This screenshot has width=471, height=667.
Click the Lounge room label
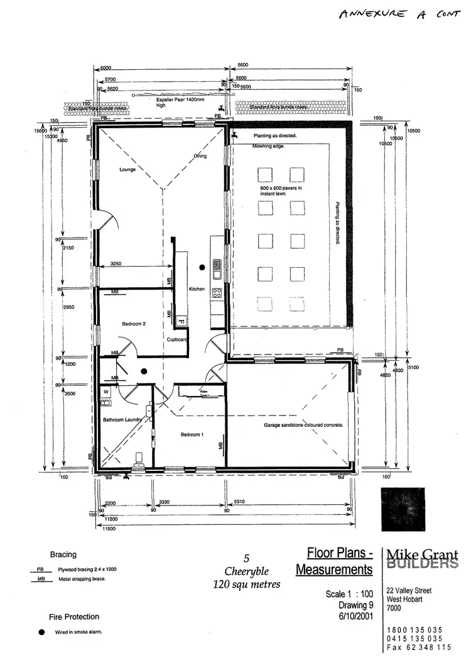[x=128, y=170]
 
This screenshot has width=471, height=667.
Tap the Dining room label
[x=200, y=156]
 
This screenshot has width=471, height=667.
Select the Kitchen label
[x=197, y=289]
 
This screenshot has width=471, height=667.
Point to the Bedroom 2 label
[x=134, y=324]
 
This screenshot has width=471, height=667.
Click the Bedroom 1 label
[x=192, y=435]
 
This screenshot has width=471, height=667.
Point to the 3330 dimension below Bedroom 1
[x=165, y=502]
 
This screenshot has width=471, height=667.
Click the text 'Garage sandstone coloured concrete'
[x=303, y=426]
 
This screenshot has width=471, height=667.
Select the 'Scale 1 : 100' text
[x=349, y=594]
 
